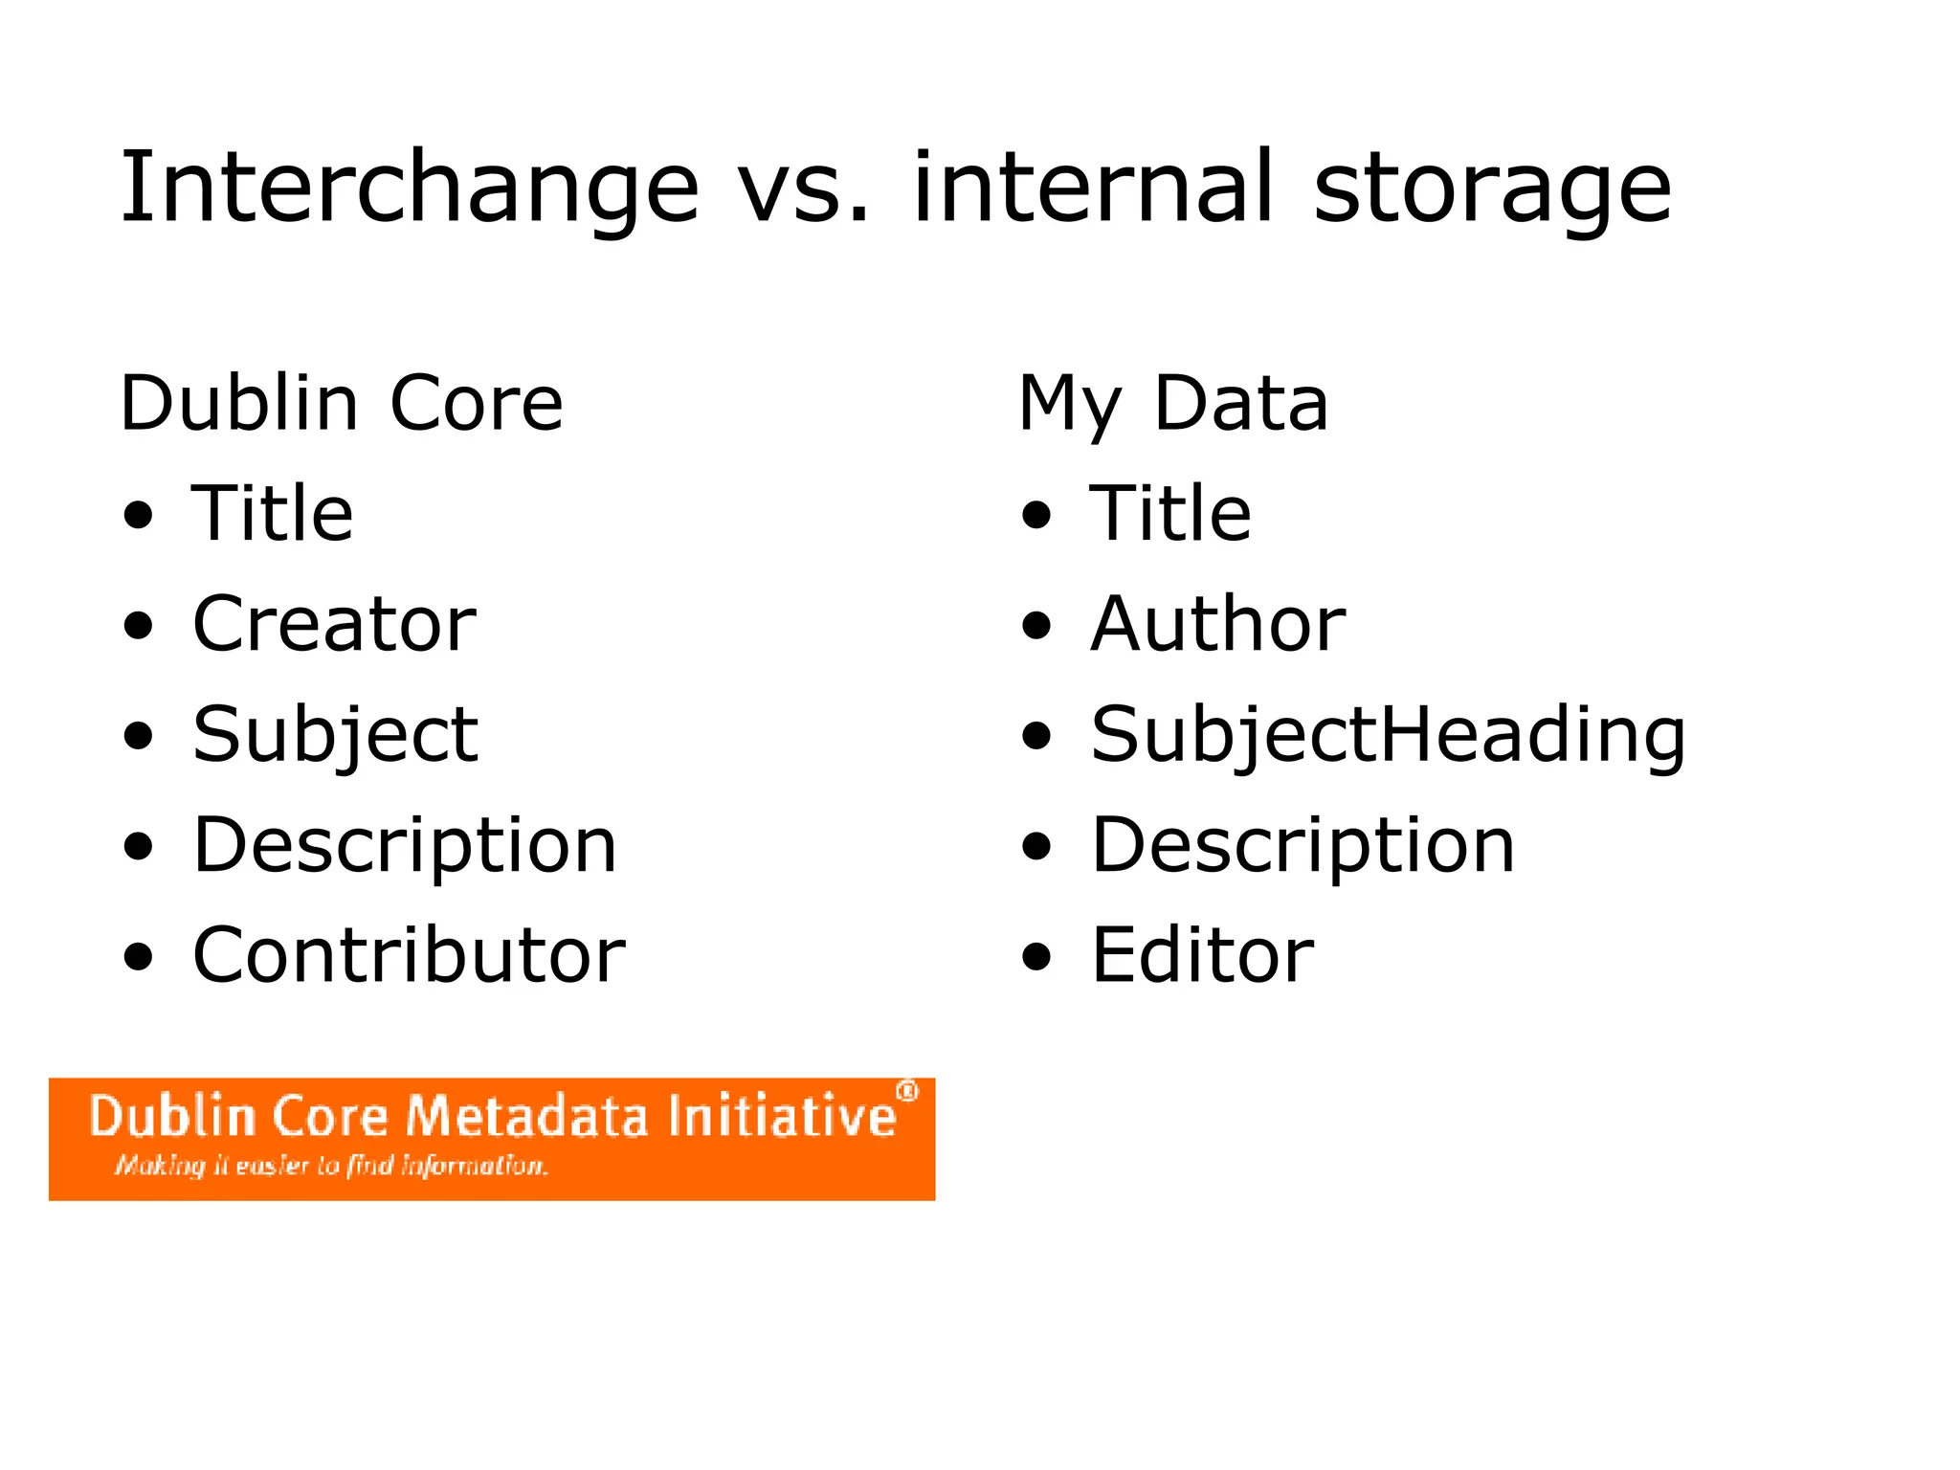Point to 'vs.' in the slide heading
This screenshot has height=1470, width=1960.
[804, 189]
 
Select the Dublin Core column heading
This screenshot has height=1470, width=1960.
[342, 404]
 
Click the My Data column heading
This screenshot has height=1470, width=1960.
[1173, 404]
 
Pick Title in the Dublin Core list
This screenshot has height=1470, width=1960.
[273, 514]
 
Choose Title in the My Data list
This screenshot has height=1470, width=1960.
[1170, 514]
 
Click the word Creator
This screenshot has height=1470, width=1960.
[334, 624]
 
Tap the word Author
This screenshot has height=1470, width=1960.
[1218, 624]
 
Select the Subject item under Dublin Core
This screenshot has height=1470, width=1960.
[335, 735]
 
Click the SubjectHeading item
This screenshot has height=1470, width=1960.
[1388, 735]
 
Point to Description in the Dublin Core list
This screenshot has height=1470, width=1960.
[405, 845]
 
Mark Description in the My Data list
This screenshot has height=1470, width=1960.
[1303, 845]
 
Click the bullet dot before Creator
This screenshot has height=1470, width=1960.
[139, 627]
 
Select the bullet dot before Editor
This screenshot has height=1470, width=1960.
[1036, 957]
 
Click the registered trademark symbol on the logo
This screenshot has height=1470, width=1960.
[906, 1092]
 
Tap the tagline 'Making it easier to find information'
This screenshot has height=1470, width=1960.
[331, 1166]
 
